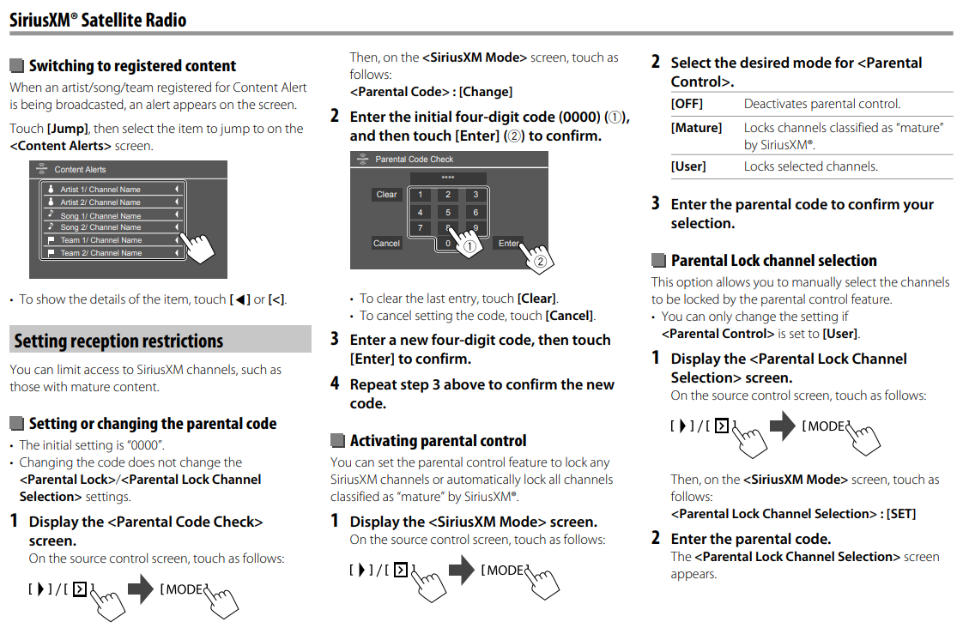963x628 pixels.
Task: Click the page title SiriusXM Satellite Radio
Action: click(x=98, y=20)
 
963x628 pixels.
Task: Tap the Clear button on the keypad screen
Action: click(x=386, y=195)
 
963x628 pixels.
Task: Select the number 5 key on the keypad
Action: click(x=447, y=212)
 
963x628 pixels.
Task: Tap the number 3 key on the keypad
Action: click(x=475, y=195)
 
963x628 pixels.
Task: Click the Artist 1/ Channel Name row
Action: click(x=112, y=189)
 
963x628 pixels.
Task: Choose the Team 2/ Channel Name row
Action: click(x=112, y=253)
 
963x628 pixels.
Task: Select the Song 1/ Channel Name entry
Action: click(x=112, y=215)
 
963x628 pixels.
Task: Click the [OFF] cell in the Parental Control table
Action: click(x=687, y=104)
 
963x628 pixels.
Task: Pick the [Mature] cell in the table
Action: click(x=696, y=128)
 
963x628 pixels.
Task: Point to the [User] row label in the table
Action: click(x=688, y=166)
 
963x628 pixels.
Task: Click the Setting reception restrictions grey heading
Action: click(x=118, y=341)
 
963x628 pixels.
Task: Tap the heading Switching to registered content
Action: click(x=132, y=66)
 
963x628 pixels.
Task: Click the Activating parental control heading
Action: click(x=438, y=440)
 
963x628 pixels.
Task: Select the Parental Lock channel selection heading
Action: click(x=773, y=260)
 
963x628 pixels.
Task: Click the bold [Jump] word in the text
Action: click(x=66, y=129)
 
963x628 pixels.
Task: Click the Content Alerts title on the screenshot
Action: click(x=81, y=170)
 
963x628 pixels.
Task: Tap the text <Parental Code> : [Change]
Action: click(x=431, y=92)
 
